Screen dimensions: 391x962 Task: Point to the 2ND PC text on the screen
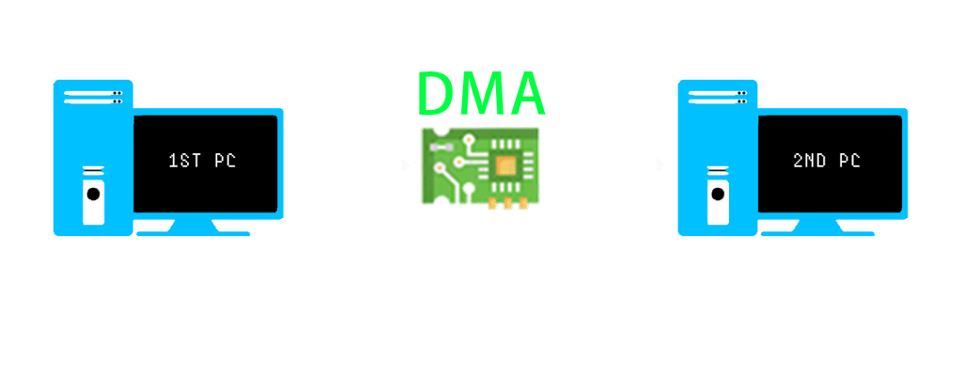pos(826,161)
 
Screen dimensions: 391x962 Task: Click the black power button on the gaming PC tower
pos(93,195)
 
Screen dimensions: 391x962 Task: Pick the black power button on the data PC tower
pos(718,195)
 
